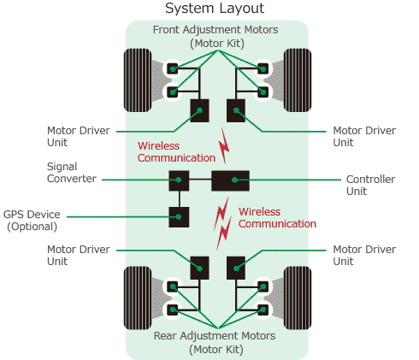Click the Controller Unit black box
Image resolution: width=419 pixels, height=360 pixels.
(x=230, y=180)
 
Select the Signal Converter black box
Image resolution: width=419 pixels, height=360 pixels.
(x=179, y=180)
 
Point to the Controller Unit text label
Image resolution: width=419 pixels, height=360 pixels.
(x=369, y=186)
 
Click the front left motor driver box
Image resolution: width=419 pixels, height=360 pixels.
(x=199, y=109)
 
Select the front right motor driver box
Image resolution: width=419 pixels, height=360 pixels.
(x=235, y=109)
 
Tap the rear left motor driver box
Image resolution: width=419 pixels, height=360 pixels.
(x=199, y=267)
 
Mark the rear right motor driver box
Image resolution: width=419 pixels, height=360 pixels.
(x=235, y=267)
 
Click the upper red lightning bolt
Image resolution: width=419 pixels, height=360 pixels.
(x=224, y=148)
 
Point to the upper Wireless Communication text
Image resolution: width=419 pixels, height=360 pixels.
(x=176, y=151)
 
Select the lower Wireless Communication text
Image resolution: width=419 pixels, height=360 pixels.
(x=277, y=217)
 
